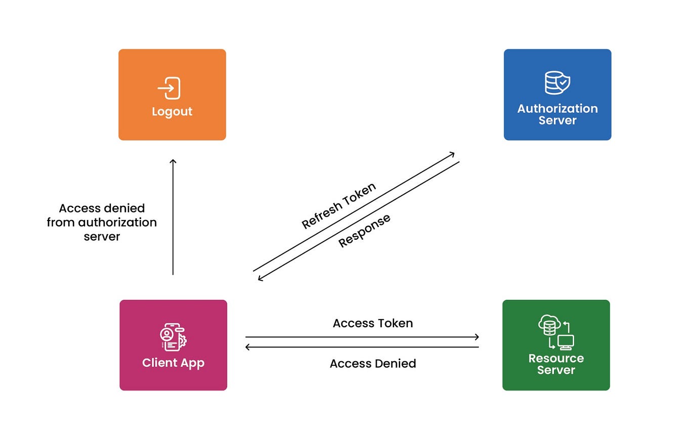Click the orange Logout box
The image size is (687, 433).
(x=172, y=95)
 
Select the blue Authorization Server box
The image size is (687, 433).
(x=557, y=95)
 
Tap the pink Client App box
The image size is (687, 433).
(x=173, y=345)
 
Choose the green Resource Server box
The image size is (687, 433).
(x=556, y=345)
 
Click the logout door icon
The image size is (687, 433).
(x=170, y=88)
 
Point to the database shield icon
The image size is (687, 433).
(x=557, y=82)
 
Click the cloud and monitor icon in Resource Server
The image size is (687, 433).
(x=556, y=333)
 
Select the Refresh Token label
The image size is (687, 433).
(x=339, y=205)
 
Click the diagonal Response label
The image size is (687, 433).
(x=364, y=231)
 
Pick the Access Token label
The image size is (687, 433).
(x=373, y=323)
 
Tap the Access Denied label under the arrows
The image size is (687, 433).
(x=373, y=363)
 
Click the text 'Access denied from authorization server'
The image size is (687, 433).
(x=102, y=222)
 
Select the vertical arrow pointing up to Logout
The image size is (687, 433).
(x=173, y=218)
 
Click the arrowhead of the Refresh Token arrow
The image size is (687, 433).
(x=452, y=154)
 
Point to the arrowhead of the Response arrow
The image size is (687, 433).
(x=261, y=278)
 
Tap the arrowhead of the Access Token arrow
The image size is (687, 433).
(x=476, y=337)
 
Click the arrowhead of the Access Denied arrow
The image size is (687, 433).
(x=248, y=347)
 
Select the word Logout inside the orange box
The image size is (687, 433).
(x=172, y=111)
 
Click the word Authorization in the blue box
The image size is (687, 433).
(x=557, y=108)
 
